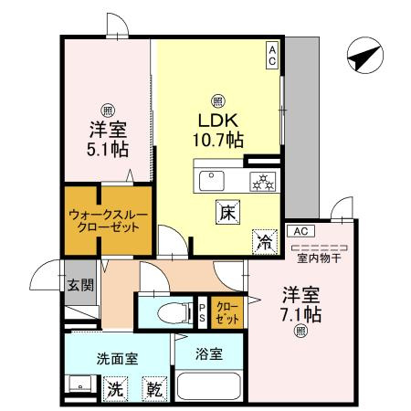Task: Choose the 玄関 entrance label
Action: click(79, 285)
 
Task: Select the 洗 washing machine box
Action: click(115, 388)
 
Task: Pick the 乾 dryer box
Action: click(155, 388)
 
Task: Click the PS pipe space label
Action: click(203, 313)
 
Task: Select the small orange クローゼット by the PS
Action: click(224, 313)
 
